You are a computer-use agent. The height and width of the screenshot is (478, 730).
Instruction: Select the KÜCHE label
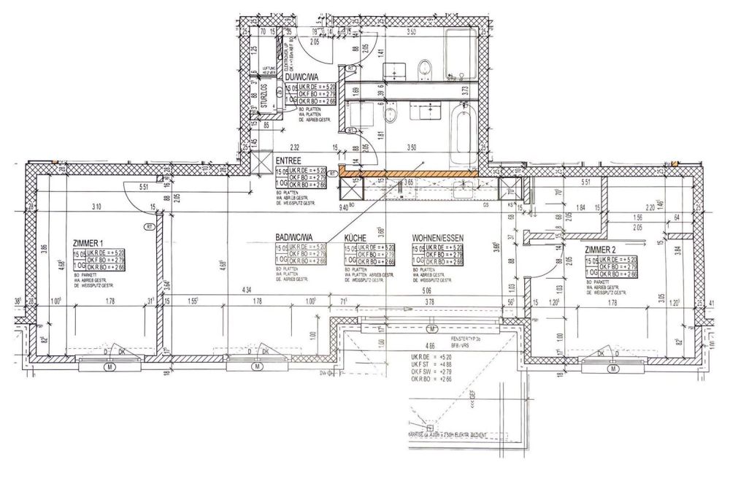356,239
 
